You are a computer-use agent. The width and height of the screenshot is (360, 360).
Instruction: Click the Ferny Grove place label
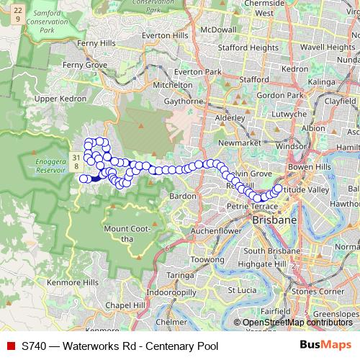(84, 65)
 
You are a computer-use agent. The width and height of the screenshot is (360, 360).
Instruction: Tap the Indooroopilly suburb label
(169, 294)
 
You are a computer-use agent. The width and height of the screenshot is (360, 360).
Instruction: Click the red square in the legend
(10, 346)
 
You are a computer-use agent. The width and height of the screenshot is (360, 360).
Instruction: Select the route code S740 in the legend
(35, 346)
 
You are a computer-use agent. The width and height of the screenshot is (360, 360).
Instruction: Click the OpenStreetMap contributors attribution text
(298, 323)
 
